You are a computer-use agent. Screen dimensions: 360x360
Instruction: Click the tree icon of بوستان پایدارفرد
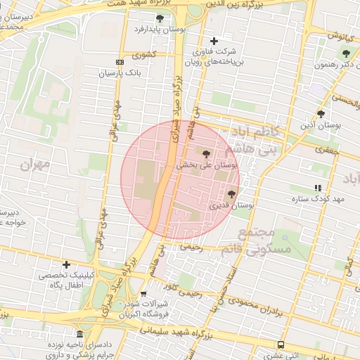(160, 18)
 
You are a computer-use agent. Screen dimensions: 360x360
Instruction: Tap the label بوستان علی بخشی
(210, 165)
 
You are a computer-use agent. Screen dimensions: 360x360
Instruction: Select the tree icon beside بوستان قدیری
(232, 193)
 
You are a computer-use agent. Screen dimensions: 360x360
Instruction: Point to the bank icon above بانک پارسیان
(120, 62)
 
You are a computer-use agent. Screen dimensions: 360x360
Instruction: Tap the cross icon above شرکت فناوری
(214, 41)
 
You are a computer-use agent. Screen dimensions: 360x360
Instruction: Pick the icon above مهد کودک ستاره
(318, 188)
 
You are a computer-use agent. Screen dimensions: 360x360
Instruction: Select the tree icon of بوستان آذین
(321, 113)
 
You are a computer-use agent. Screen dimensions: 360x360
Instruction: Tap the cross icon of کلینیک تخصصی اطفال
(66, 265)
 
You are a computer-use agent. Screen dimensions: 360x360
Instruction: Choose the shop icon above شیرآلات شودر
(144, 293)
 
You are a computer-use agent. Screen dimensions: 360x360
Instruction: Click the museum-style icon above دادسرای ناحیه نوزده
(79, 334)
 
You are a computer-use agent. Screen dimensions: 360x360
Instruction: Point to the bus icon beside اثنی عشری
(281, 345)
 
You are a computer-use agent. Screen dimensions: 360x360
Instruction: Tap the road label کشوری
(148, 54)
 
